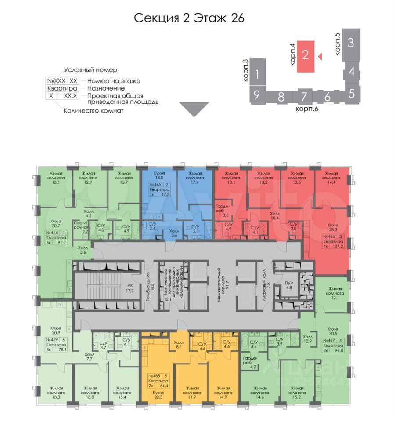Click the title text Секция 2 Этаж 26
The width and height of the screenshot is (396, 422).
[188, 18]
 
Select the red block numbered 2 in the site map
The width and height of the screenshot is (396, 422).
[306, 56]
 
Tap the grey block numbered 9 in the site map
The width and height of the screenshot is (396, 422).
[257, 95]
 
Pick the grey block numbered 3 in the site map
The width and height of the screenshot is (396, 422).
[350, 43]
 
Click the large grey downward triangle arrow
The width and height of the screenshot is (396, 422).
[194, 109]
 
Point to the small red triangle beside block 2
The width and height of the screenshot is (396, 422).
[320, 56]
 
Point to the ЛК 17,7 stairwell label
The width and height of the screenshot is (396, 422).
[130, 287]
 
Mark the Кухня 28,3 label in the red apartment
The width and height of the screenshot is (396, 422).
[332, 227]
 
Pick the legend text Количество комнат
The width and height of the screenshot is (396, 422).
[94, 110]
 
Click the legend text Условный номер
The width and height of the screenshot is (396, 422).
[90, 70]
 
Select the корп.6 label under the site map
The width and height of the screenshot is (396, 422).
[306, 109]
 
